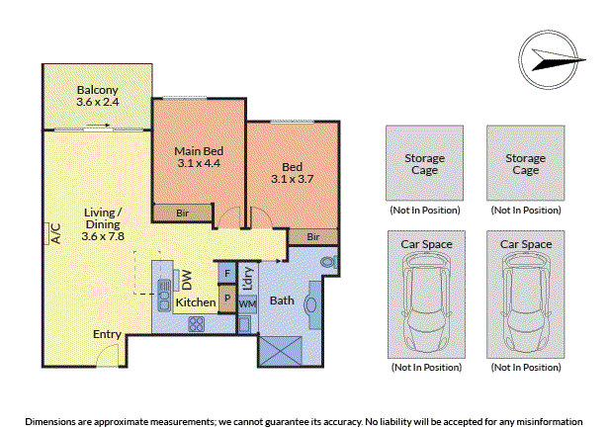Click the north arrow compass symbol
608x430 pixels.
coord(549,59)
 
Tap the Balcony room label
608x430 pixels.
coord(97,90)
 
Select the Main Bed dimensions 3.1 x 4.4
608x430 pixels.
coord(199,163)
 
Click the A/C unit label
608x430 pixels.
coord(56,233)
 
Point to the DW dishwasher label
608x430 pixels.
coord(187,280)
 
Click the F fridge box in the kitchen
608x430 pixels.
coord(227,273)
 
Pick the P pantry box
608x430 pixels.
coord(227,299)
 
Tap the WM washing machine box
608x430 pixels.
coord(247,304)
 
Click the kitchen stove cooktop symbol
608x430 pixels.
coord(197,324)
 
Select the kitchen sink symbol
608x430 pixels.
coord(164,296)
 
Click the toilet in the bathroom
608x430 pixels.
coord(329,262)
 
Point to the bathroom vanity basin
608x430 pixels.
coord(311,304)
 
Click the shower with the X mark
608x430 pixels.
coord(280,351)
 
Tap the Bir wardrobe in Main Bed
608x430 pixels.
coord(183,213)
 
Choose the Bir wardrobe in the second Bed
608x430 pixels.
coord(313,237)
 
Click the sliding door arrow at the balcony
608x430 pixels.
coord(98,126)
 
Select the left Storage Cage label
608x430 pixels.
coord(424,164)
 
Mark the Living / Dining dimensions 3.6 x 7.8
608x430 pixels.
coord(103,236)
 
